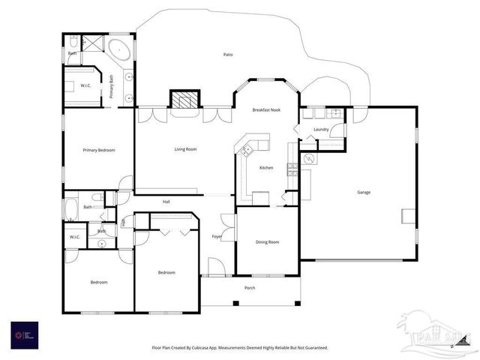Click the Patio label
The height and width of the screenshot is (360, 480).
(228, 55)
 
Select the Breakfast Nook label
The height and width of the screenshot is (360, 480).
(266, 110)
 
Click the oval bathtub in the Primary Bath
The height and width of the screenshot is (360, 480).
(119, 51)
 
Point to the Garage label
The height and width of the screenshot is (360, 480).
(363, 192)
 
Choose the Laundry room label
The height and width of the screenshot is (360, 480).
(321, 129)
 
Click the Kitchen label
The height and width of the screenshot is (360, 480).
(266, 167)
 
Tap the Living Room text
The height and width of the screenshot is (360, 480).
(185, 149)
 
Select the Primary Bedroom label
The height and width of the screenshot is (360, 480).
(99, 150)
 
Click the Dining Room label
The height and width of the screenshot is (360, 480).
(267, 241)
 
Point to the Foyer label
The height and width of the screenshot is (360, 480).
(217, 237)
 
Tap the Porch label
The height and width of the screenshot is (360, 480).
(250, 287)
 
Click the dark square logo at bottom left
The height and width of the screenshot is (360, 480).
(24, 334)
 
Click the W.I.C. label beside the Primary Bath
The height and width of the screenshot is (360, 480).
(86, 85)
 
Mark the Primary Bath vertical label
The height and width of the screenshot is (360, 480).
(111, 86)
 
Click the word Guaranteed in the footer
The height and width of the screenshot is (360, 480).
(314, 348)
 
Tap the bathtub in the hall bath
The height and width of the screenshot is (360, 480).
(71, 208)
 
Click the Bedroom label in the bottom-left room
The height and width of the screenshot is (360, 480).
(99, 282)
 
